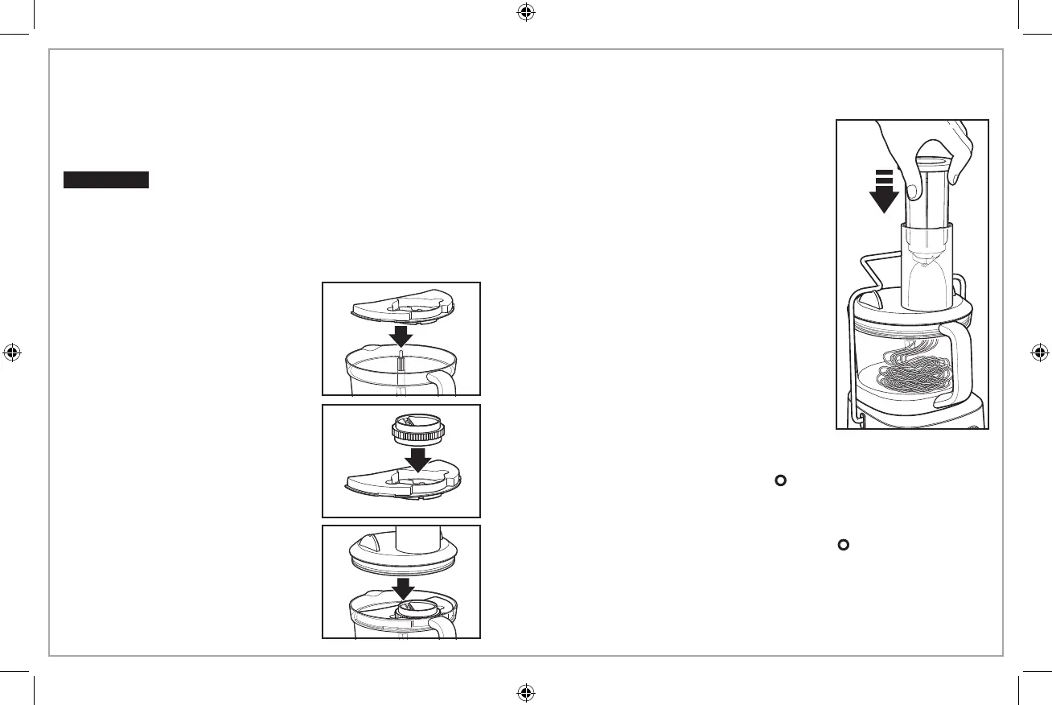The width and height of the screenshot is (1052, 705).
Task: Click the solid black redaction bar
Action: coord(107,179)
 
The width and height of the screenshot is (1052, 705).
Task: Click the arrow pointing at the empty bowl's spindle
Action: coord(401,333)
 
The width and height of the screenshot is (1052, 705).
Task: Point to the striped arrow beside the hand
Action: coord(884,192)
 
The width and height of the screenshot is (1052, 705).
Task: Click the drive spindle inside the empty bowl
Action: coord(401,363)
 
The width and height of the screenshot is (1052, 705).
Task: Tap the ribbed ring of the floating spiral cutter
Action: coord(416,431)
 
